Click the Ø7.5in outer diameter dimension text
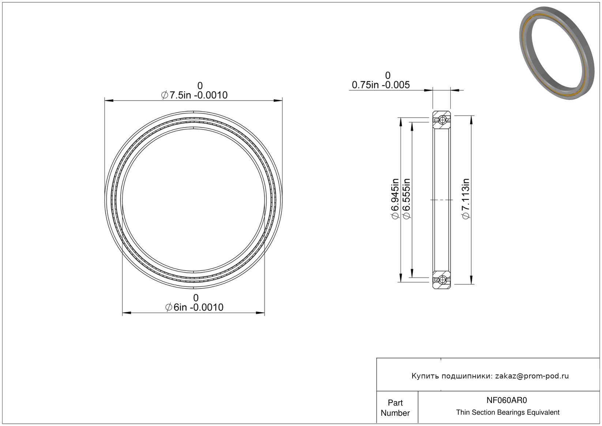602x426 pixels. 194,95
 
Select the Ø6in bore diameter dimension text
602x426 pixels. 194,307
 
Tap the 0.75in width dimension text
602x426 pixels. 381,85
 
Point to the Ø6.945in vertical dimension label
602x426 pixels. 395,199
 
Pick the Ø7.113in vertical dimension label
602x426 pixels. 466,199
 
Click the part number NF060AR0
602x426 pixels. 507,400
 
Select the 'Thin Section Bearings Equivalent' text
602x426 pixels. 508,412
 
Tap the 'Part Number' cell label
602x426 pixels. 395,408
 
